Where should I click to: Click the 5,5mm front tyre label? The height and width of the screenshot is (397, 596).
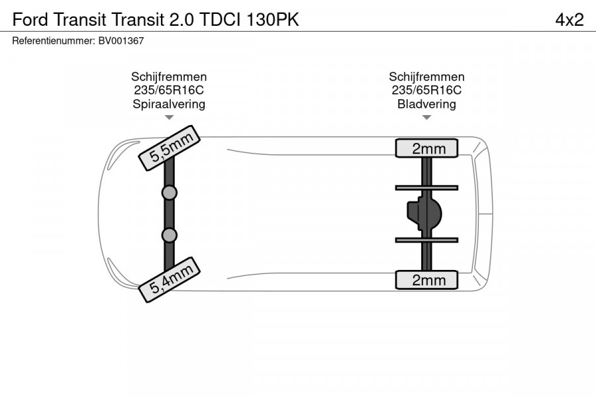pyautogui.click(x=169, y=148)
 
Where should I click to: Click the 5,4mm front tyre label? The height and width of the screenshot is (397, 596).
pyautogui.click(x=169, y=280)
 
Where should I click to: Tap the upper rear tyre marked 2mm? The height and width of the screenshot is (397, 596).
pyautogui.click(x=426, y=148)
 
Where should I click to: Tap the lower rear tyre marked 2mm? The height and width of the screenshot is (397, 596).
pyautogui.click(x=426, y=280)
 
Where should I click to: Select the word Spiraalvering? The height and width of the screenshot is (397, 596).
pyautogui.click(x=169, y=104)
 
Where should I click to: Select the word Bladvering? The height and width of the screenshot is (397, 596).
pyautogui.click(x=426, y=104)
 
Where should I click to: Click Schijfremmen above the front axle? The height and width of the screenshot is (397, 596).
pyautogui.click(x=169, y=77)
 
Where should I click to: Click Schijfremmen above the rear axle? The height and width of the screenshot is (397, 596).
pyautogui.click(x=426, y=77)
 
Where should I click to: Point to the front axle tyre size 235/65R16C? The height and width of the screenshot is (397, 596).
pyautogui.click(x=169, y=90)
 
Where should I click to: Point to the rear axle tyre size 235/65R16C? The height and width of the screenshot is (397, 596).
pyautogui.click(x=426, y=90)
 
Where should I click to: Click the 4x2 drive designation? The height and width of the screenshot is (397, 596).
pyautogui.click(x=569, y=20)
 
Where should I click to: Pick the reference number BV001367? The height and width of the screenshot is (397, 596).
pyautogui.click(x=121, y=41)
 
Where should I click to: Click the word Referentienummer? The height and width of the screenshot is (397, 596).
pyautogui.click(x=54, y=41)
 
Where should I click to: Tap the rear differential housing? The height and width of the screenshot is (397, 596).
pyautogui.click(x=425, y=213)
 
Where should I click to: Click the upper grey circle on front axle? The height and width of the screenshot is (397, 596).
pyautogui.click(x=169, y=193)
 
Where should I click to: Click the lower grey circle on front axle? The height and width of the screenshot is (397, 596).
pyautogui.click(x=169, y=236)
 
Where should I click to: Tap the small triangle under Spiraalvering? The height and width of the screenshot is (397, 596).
pyautogui.click(x=169, y=117)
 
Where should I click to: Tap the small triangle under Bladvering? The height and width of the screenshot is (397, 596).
pyautogui.click(x=426, y=117)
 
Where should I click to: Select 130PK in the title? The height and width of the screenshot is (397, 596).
pyautogui.click(x=273, y=20)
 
